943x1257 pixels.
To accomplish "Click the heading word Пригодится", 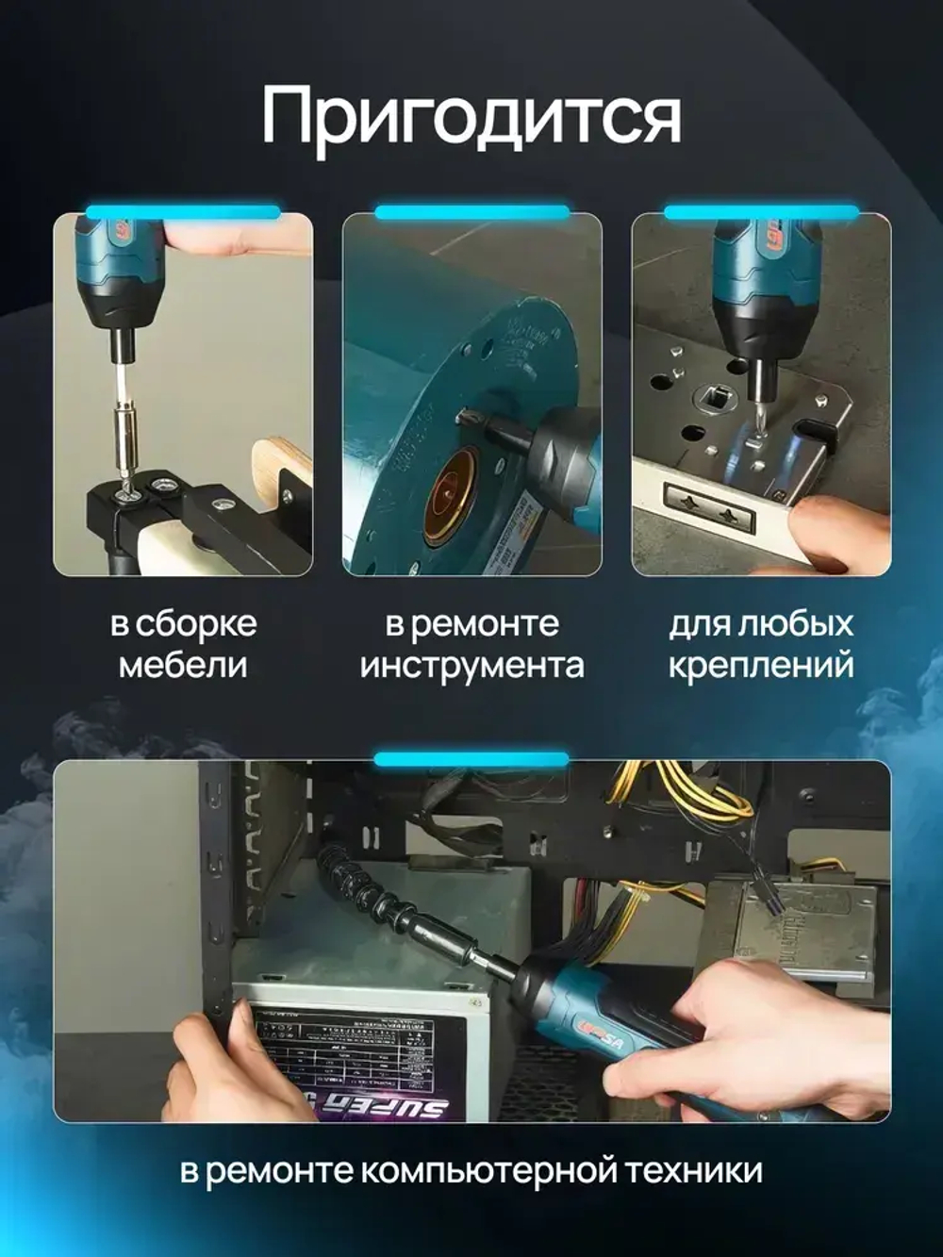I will coord(471,117).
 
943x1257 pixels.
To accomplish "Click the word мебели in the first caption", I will coord(183,665).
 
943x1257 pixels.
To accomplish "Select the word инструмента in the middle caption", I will coord(471,665).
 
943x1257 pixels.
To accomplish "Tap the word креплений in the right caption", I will coord(760,665).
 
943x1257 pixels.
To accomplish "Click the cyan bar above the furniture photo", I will coord(183,212).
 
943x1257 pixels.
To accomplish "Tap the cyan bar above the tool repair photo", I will coord(471,212).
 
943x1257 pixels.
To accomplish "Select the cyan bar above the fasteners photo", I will coord(760,212).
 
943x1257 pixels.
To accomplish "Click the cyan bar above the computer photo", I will coord(471,759).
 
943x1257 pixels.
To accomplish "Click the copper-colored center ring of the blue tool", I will coord(449,495).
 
